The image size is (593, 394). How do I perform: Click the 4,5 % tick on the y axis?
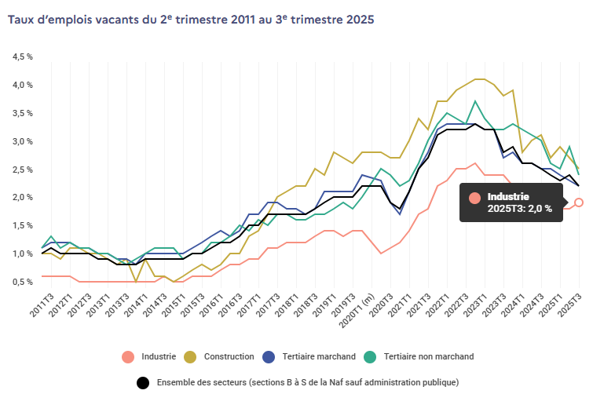pos(22,57)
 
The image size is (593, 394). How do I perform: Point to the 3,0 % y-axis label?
pos(22,141)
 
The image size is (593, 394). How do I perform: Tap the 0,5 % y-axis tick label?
pos(22,282)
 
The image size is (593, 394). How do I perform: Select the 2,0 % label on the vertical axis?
pos(22,198)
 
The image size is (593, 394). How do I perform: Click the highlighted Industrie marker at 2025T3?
pos(579,202)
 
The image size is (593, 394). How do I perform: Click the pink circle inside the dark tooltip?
pos(474,198)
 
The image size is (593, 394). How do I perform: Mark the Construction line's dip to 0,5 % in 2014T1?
pos(136,281)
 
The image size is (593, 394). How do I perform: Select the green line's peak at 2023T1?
pos(474,101)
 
